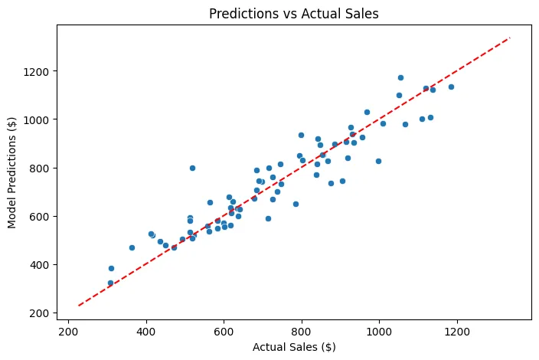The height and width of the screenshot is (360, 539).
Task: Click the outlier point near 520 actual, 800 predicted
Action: (x=192, y=168)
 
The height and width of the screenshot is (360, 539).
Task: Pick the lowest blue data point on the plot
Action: (x=110, y=283)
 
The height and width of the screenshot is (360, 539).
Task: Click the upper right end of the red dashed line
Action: (x=508, y=38)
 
